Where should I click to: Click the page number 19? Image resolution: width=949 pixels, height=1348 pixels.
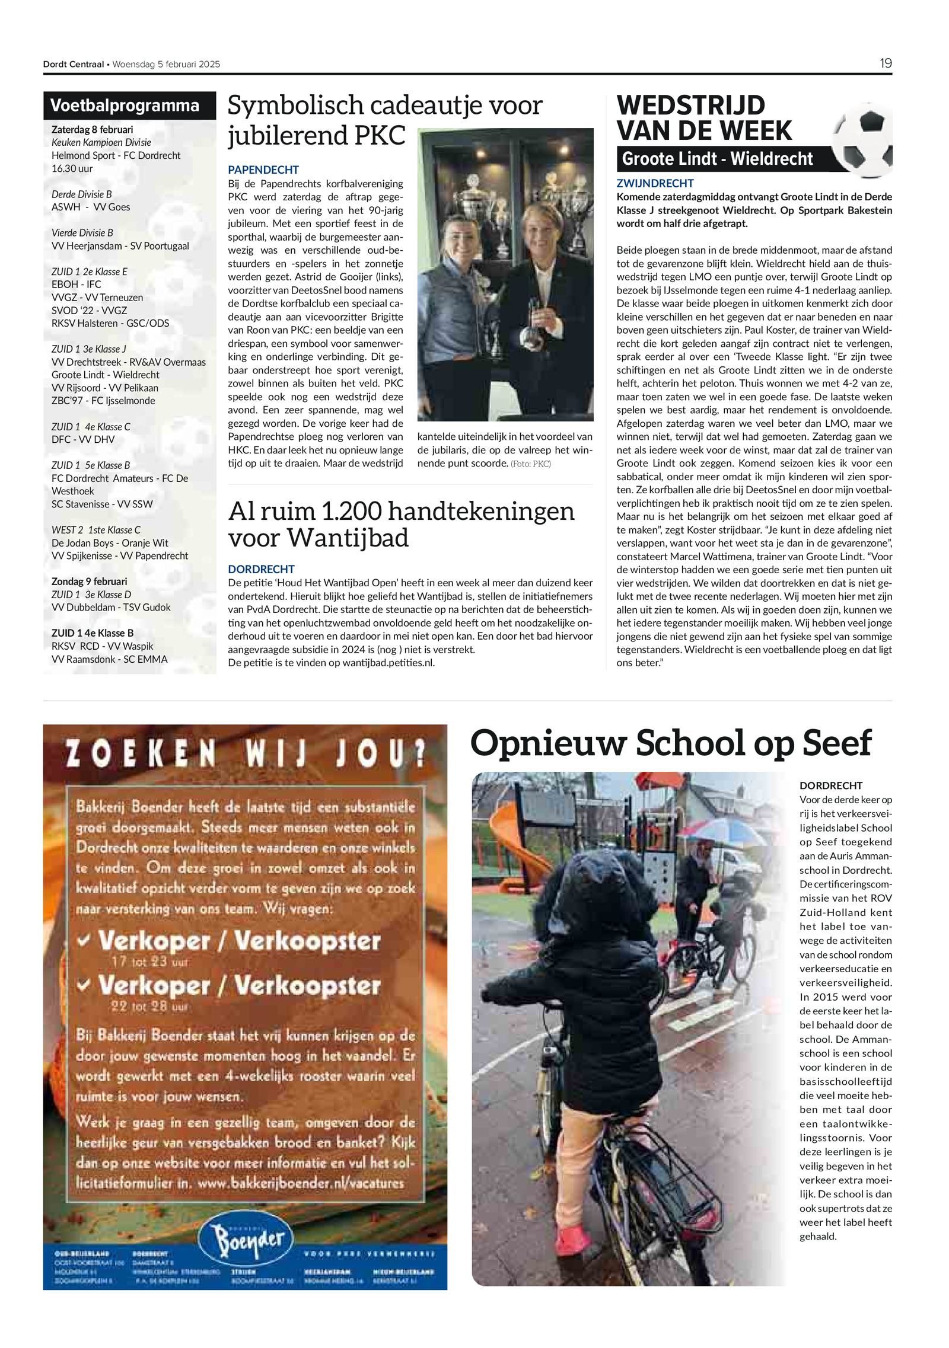[x=885, y=63]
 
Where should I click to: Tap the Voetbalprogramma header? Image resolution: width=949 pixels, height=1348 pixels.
[x=125, y=106]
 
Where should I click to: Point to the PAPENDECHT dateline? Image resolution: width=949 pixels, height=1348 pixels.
[x=263, y=170]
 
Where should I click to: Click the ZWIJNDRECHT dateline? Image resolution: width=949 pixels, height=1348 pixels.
[x=655, y=184]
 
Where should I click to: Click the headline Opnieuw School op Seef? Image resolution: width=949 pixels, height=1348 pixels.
[x=670, y=743]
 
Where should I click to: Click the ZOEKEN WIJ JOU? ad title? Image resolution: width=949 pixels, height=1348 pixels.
[x=245, y=755]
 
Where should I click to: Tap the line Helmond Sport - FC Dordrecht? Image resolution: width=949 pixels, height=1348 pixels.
[x=116, y=155]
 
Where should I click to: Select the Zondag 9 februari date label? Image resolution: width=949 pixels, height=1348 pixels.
[x=89, y=582]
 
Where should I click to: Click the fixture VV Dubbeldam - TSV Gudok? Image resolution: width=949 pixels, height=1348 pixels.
[x=111, y=607]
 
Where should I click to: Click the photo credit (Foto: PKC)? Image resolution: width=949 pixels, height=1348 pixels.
[x=530, y=464]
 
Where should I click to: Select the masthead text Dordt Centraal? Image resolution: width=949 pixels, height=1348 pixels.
[x=73, y=64]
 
